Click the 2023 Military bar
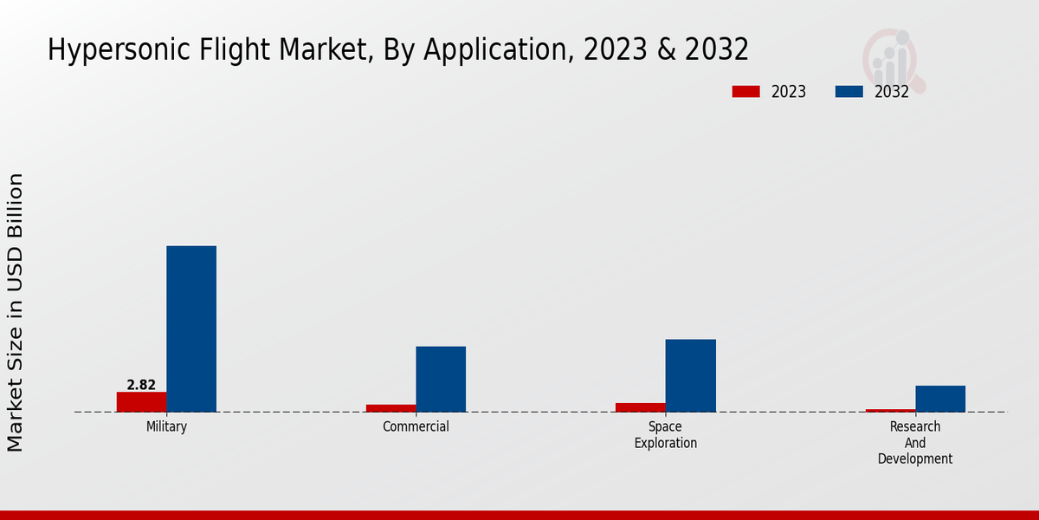pos(141,402)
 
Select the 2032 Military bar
pos(191,329)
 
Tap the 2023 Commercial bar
pos(390,408)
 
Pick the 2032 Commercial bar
pos(441,380)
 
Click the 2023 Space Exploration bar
pos(641,407)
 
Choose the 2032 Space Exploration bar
pos(690,375)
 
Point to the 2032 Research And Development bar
pos(940,399)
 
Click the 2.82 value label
pos(141,385)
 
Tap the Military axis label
pos(166,427)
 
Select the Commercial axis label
pos(416,427)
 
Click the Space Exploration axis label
pos(665,435)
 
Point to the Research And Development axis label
pos(915,443)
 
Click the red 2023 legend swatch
pos(745,92)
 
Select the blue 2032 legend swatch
pos(849,92)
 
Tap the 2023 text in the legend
pos(789,92)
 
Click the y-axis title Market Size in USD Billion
pos(16,312)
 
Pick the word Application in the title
pos(511,50)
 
